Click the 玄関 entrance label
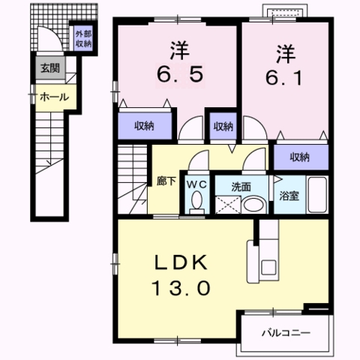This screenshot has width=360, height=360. [x=49, y=69]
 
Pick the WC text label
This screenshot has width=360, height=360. [x=196, y=183]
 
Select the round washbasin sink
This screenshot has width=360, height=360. [x=253, y=205]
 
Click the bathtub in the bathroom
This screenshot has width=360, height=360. [x=317, y=196]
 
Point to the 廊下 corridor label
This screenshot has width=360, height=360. [x=165, y=181]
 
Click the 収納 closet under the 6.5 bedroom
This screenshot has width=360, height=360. [x=145, y=126]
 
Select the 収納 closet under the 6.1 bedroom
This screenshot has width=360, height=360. [x=300, y=157]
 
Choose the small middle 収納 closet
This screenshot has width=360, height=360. [x=223, y=126]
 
